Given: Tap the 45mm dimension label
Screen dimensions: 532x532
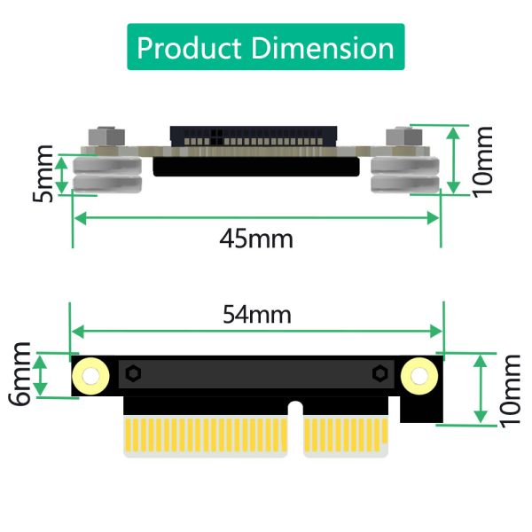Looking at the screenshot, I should click(256, 239).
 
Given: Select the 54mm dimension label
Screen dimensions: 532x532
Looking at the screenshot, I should click(256, 313).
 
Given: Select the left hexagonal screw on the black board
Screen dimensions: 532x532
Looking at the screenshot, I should click(133, 373).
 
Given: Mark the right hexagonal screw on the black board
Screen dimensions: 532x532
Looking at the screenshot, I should click(379, 373).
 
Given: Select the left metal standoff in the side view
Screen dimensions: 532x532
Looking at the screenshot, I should click(107, 174).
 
